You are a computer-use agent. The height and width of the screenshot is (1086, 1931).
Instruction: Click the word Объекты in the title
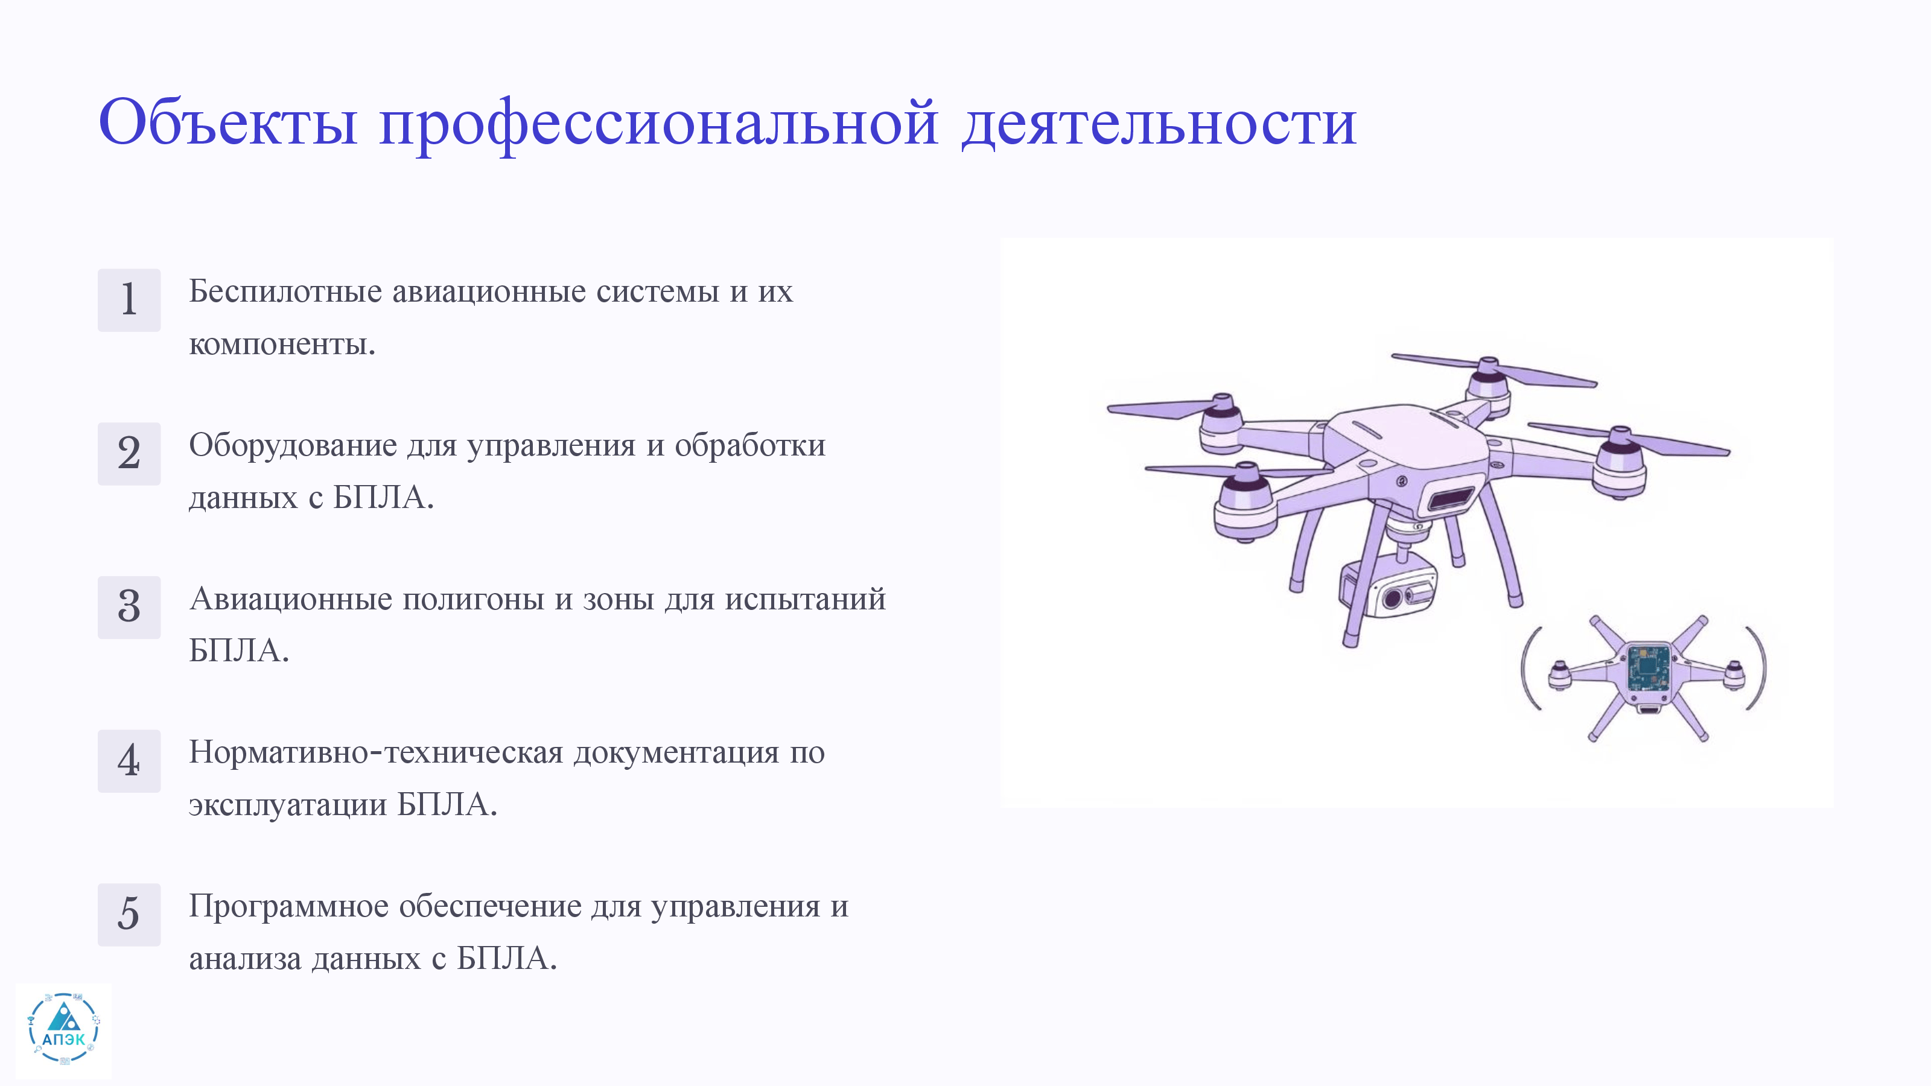click(228, 122)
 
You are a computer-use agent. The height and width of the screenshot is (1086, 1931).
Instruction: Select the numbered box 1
click(129, 300)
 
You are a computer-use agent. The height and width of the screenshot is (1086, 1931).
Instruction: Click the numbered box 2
click(129, 454)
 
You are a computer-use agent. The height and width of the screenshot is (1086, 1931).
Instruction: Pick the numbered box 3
click(129, 607)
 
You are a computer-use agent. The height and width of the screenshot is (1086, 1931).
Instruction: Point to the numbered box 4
click(129, 761)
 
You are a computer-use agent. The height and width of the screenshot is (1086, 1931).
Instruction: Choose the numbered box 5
click(129, 915)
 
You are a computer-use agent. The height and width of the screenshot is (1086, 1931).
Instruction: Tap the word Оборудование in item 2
click(293, 446)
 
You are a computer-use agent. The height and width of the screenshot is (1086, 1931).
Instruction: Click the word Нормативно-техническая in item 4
click(375, 752)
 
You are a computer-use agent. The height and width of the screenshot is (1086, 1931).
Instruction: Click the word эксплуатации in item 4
click(288, 805)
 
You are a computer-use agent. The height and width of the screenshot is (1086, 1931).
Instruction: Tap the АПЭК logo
click(64, 1030)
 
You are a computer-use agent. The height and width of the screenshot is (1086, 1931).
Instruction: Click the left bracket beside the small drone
click(1529, 668)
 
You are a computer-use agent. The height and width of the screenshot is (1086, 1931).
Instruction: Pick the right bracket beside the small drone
click(1758, 668)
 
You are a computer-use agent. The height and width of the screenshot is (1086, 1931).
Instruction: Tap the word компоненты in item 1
click(282, 345)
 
